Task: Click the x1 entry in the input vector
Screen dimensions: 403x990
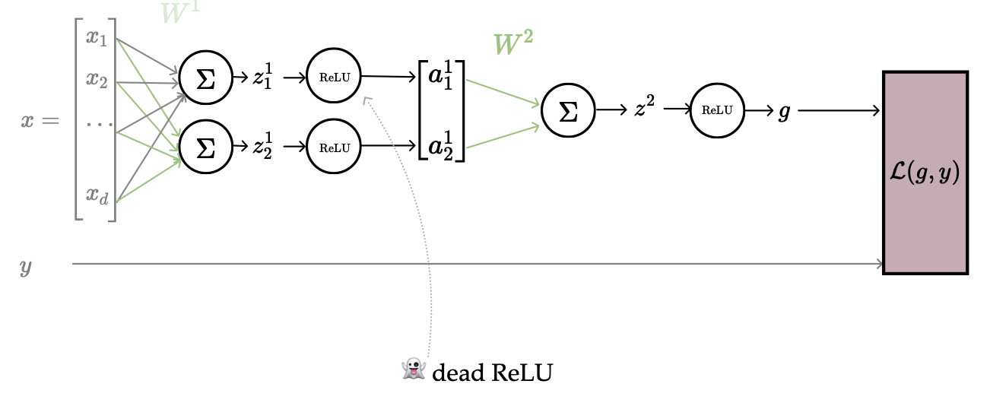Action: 97,37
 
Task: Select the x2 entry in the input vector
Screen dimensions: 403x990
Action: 97,79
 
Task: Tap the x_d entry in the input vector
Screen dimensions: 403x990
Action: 97,196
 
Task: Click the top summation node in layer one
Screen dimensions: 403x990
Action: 205,80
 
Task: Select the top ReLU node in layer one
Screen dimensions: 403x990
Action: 334,77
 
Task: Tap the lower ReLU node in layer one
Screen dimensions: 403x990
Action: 334,148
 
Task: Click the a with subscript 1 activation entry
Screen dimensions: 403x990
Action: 441,80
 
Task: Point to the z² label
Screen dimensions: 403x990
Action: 644,109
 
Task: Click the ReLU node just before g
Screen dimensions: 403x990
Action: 717,110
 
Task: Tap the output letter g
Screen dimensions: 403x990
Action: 784,112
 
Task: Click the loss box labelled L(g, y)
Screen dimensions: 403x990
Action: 925,173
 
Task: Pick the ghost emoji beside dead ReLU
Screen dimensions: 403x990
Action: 413,370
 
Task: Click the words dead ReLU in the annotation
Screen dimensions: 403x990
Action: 492,373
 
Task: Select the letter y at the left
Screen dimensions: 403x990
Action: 26,267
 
